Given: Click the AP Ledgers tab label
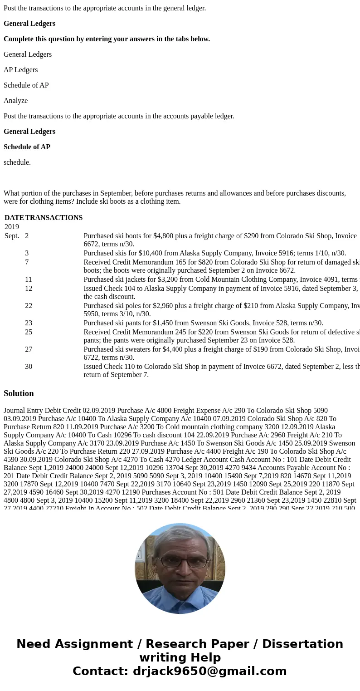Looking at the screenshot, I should [21, 70].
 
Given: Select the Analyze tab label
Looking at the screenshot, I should [16, 101].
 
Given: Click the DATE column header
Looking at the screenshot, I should [14, 218].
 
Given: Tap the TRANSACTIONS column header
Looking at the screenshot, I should [54, 218].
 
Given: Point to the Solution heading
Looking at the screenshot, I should [19, 393].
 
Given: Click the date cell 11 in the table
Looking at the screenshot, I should [29, 279].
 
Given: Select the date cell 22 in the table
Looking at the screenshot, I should [29, 306].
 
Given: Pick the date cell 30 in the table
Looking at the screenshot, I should [29, 367].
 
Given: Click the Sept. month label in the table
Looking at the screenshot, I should [12, 236].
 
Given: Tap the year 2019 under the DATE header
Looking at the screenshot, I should [12, 227].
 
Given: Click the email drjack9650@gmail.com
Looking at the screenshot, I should [209, 671].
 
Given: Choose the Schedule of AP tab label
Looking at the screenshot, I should [26, 85].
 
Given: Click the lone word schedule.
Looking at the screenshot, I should [17, 162].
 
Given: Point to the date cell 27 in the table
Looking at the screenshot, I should [29, 349].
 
